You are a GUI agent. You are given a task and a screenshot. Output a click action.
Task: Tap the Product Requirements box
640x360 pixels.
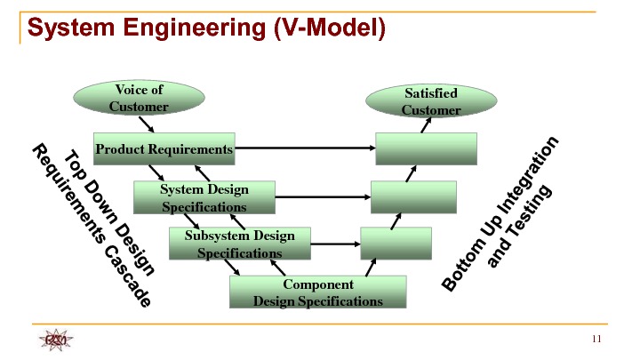(164, 149)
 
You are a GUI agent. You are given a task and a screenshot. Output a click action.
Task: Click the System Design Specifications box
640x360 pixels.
(204, 198)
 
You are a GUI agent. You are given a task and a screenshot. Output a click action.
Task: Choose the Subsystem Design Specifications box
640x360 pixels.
(239, 244)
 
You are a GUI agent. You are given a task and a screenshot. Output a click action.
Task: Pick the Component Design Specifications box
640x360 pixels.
(317, 292)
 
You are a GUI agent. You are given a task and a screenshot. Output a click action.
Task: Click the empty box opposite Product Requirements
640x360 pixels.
(427, 149)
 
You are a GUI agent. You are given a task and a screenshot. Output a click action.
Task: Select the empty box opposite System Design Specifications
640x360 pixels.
(414, 197)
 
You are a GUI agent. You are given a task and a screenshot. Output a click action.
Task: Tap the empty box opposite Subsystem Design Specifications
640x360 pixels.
(396, 243)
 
